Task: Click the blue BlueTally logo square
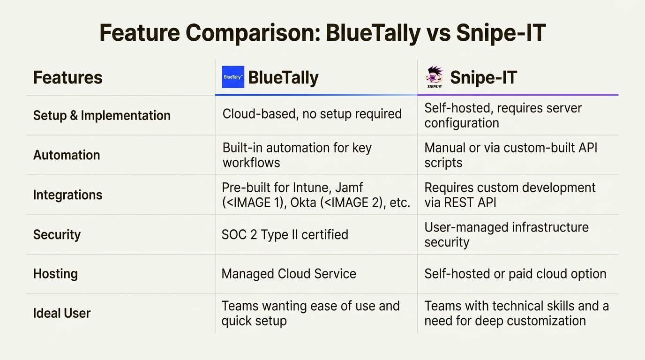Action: point(233,77)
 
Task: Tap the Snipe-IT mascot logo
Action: point(434,77)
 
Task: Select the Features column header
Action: point(67,78)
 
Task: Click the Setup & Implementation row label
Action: point(102,115)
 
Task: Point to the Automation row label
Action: point(67,155)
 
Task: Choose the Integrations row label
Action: point(67,195)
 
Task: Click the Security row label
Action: point(57,234)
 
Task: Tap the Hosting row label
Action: point(55,274)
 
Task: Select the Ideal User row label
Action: point(62,313)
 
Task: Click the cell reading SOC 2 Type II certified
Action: point(285,234)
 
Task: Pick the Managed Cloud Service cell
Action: point(289,274)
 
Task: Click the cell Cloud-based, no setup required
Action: point(312,114)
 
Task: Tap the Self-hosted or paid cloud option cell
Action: point(515,274)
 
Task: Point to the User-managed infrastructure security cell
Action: point(506,234)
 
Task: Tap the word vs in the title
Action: point(438,33)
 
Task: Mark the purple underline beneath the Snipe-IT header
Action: point(517,95)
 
